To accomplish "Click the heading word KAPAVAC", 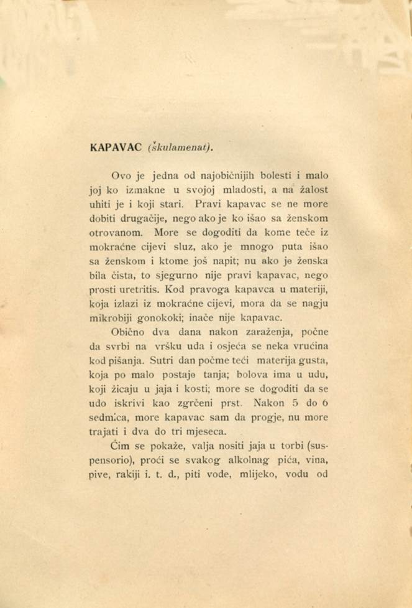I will (116, 148).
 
